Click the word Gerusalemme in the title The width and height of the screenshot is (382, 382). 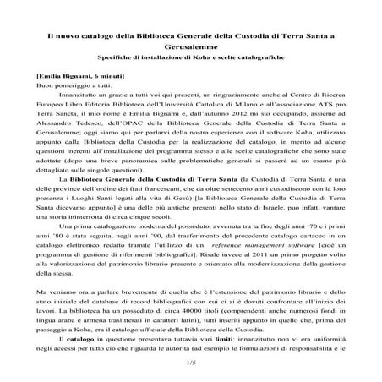point(190,49)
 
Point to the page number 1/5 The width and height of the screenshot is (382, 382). point(190,362)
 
